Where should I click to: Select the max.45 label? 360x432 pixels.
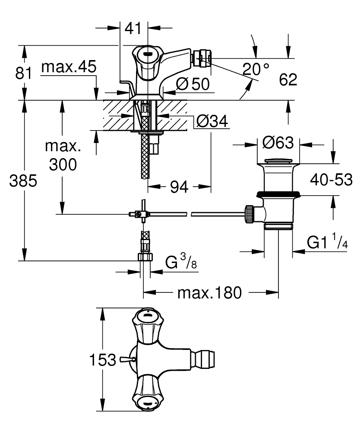pos(69,68)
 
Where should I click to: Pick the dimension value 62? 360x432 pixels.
pos(288,79)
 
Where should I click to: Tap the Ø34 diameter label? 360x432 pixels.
pos(212,121)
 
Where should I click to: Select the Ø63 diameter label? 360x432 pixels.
pos(278,142)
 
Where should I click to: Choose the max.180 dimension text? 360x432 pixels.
pos(209,293)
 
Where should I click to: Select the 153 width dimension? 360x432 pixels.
pos(102,359)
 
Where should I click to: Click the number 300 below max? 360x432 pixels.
pos(63,165)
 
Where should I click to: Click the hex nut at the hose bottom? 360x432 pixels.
pos(145,257)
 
